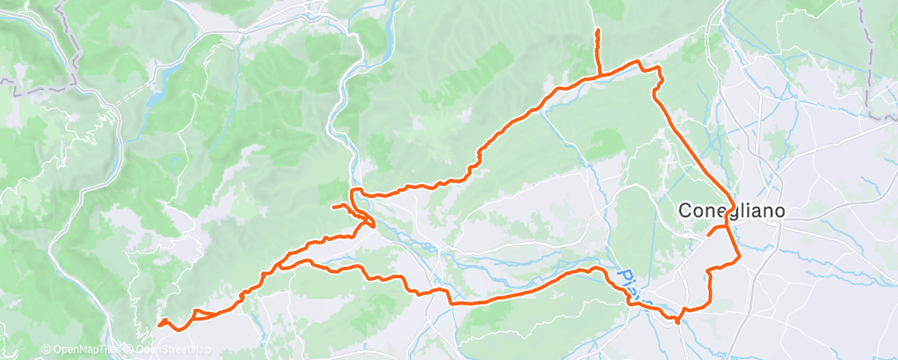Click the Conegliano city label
730,211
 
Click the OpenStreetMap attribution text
172,350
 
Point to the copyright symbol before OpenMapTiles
45,350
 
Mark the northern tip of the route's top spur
597,31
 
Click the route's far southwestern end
158,324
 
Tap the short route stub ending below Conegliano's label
708,235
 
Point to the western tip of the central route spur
333,206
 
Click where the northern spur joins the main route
598,75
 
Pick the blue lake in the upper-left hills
158,88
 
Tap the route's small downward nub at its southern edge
678,322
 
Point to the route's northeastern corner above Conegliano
659,69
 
